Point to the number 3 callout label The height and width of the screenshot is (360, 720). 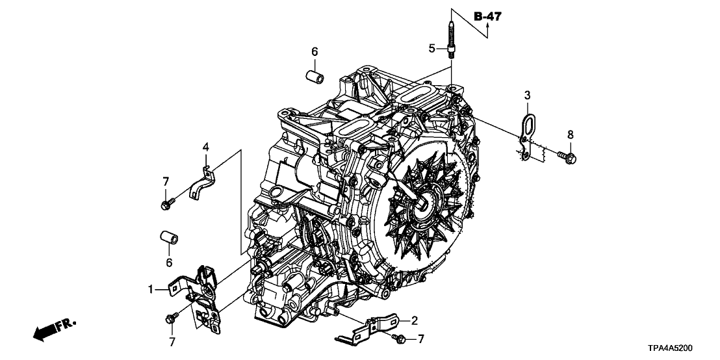(527, 96)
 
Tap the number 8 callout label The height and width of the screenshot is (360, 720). (571, 135)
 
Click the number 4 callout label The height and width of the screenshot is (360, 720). (205, 148)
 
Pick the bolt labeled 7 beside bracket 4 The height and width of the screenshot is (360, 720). (165, 205)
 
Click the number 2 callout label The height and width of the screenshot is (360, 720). (413, 320)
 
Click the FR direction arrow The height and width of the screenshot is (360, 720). (52, 329)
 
